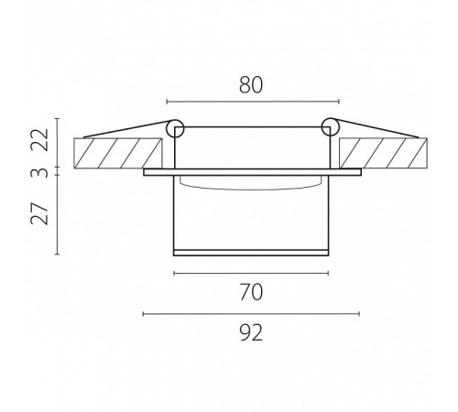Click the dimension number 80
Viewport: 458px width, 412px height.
click(251, 85)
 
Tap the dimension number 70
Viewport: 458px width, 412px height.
click(251, 292)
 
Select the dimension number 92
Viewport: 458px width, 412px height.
click(251, 332)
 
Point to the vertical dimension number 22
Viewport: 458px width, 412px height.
click(40, 140)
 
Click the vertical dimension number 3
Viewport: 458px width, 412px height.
click(40, 173)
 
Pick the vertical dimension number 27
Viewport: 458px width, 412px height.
click(40, 213)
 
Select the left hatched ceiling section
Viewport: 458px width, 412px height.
click(118, 153)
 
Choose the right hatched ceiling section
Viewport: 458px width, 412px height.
click(383, 153)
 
